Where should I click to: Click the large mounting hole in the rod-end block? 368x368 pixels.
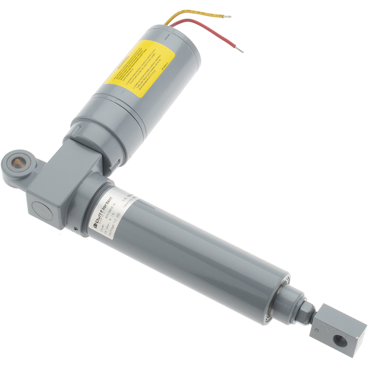(341, 341)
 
